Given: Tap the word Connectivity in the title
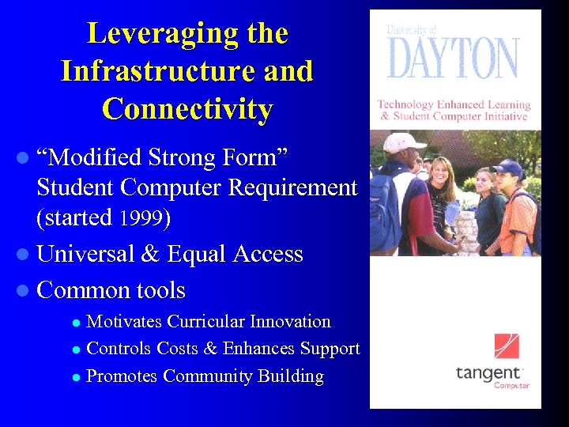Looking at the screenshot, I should (x=187, y=109).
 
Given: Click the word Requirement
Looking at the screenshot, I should (x=292, y=188).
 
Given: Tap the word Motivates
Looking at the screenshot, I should (x=126, y=322).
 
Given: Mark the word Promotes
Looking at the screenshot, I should (x=122, y=376).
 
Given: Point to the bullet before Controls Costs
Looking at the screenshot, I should (x=76, y=350).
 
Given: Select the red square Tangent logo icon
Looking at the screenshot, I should (x=507, y=346).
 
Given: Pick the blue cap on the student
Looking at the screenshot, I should (x=508, y=167).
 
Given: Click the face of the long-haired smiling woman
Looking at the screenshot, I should (x=442, y=172).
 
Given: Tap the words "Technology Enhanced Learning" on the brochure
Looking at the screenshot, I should (x=454, y=104).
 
